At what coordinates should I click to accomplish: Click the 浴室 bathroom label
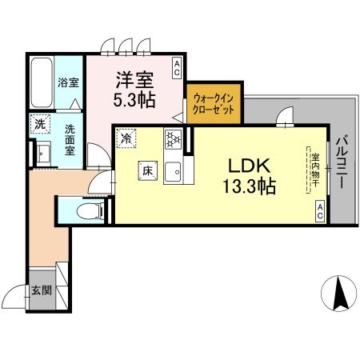coord(68,82)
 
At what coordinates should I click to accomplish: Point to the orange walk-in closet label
coord(213,104)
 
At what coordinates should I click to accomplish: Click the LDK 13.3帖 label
coord(249,177)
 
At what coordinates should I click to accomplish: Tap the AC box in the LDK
coord(318,211)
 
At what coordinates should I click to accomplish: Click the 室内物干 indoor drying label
coord(315,170)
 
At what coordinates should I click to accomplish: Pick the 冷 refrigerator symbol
coord(126,139)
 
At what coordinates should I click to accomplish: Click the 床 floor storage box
coord(147,170)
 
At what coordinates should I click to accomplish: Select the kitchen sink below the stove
coord(173,170)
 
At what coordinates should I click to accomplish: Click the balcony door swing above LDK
coord(283,120)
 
